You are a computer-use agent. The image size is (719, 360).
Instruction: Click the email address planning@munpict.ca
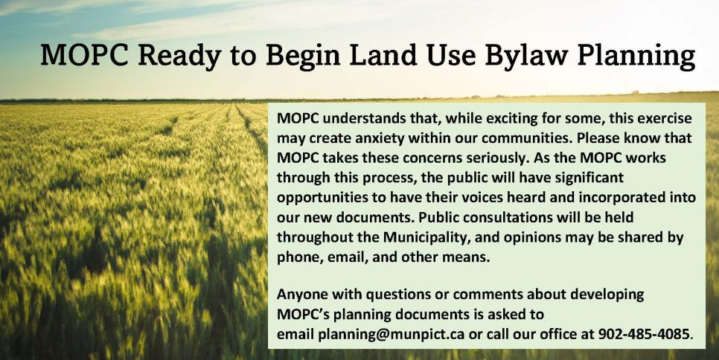click(392, 334)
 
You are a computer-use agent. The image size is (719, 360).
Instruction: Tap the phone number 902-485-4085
click(645, 334)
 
